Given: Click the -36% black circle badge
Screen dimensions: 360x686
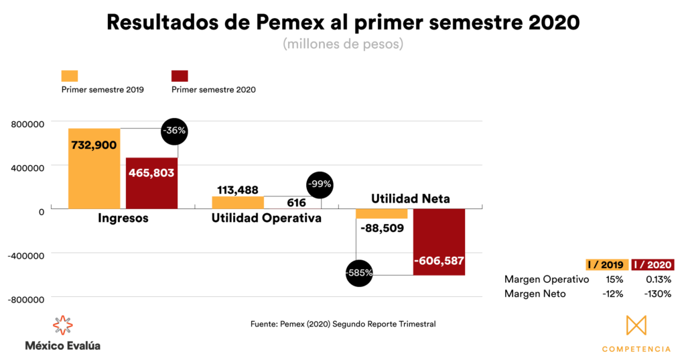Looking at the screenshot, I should pos(174,131).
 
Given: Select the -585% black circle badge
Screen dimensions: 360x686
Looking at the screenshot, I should pos(359,273).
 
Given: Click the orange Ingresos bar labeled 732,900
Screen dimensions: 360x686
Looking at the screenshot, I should pos(94,168).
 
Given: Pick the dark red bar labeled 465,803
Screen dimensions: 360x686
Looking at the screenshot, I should pos(152,182).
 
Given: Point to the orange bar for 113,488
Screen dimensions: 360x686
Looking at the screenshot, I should pos(238,202).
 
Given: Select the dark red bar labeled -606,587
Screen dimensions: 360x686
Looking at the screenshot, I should pos(439,241).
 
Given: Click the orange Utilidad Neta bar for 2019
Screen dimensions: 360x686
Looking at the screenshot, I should pos(382,214).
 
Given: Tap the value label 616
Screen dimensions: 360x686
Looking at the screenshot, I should pos(296,202).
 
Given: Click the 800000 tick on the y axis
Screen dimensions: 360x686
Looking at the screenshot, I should pos(27,123).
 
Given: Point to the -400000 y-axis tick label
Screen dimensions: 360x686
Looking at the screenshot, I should pos(25,255).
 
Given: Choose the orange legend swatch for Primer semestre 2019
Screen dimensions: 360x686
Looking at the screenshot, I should pos(70,76).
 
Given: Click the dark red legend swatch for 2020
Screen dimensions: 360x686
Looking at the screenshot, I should pos(180,76).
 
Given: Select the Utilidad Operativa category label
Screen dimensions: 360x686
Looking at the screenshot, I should pos(266,219).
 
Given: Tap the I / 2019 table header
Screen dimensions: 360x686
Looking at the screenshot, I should pos(607,265).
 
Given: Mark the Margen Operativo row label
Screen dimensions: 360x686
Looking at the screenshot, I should pos(547,279).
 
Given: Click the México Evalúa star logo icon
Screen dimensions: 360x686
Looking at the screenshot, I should pos(62,325).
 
